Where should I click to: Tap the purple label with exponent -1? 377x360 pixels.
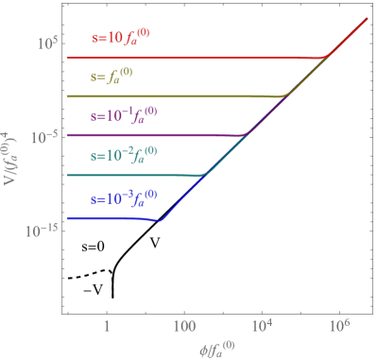coord(124,115)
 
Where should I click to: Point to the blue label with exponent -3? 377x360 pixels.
coord(124,198)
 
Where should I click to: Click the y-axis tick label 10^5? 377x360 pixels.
coord(43,43)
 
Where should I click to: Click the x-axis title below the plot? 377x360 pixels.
coord(217,348)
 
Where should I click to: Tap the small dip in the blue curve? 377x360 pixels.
coord(160,221)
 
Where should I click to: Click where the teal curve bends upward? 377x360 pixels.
coord(206,175)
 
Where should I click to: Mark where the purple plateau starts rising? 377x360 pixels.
coord(248,135)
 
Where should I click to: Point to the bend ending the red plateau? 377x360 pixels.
coord(327,57)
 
